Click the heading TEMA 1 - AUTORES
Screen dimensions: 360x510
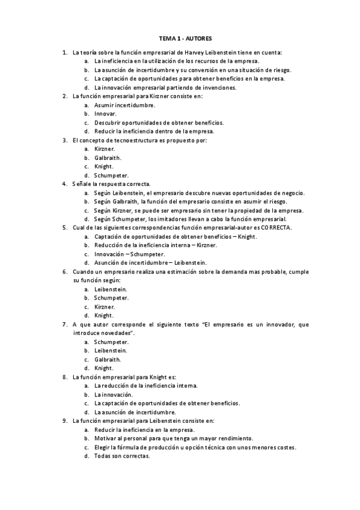click(181, 37)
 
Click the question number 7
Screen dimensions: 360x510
click(65, 324)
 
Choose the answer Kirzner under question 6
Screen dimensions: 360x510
click(104, 307)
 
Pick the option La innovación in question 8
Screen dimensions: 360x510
click(113, 395)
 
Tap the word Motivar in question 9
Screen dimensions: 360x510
click(105, 438)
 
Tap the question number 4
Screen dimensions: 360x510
click(65, 183)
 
